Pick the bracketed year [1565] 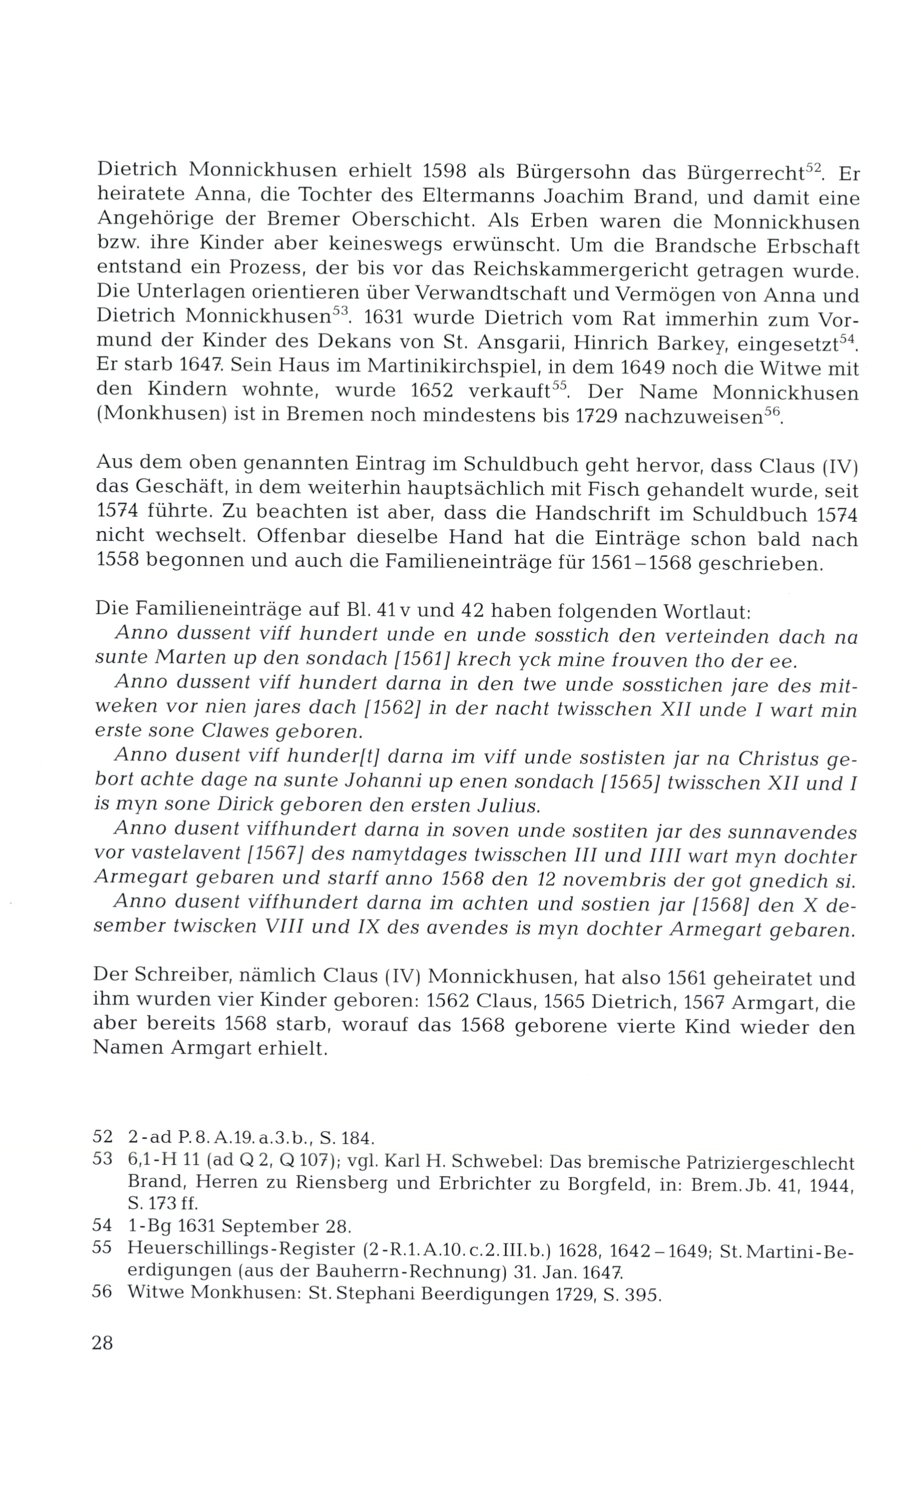pos(631,782)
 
